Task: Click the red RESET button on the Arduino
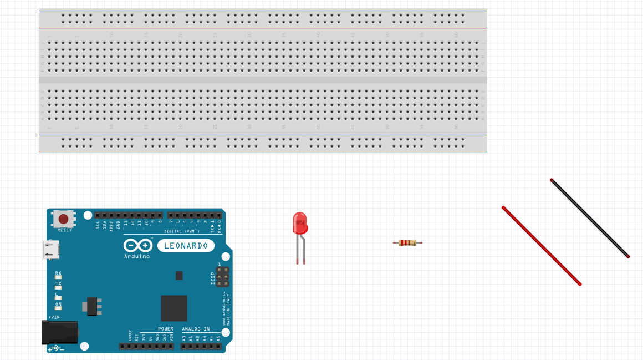[64, 219]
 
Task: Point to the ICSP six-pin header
[223, 276]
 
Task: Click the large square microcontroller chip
[174, 308]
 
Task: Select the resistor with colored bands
[407, 242]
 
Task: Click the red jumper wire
[541, 246]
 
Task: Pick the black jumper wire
[590, 218]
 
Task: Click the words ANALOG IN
[196, 329]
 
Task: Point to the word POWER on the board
[165, 329]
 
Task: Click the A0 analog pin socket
[184, 346]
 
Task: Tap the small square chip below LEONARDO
[179, 275]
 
